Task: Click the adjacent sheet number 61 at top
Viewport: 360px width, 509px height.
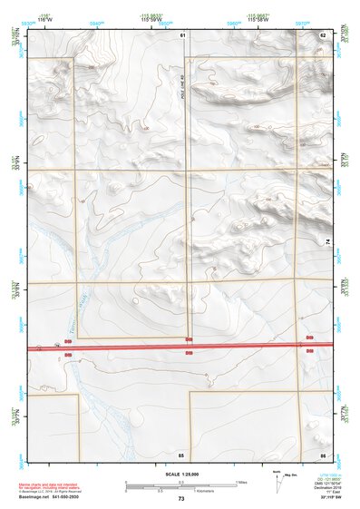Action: tap(182, 34)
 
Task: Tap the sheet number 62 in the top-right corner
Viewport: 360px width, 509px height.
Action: tap(322, 34)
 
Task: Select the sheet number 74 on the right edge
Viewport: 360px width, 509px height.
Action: tap(326, 240)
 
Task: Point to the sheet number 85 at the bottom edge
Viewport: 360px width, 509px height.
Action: tap(181, 454)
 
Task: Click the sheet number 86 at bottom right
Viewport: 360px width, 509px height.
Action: tap(322, 454)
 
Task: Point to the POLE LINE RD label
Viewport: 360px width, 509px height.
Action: tap(181, 91)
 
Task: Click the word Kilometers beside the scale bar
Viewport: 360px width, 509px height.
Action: tap(195, 492)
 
